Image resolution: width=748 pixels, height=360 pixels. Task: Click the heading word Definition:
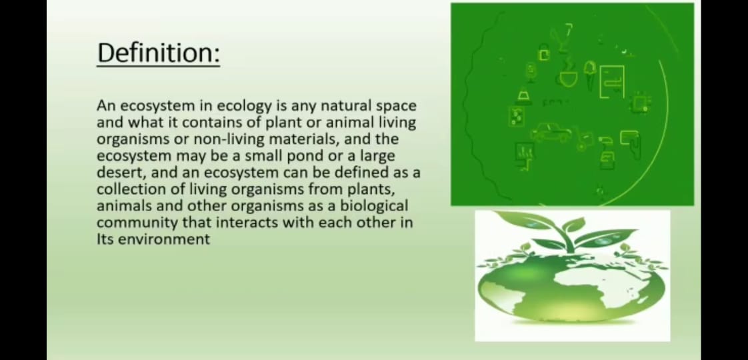159,53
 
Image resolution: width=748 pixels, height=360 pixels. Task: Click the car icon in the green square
551,132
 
